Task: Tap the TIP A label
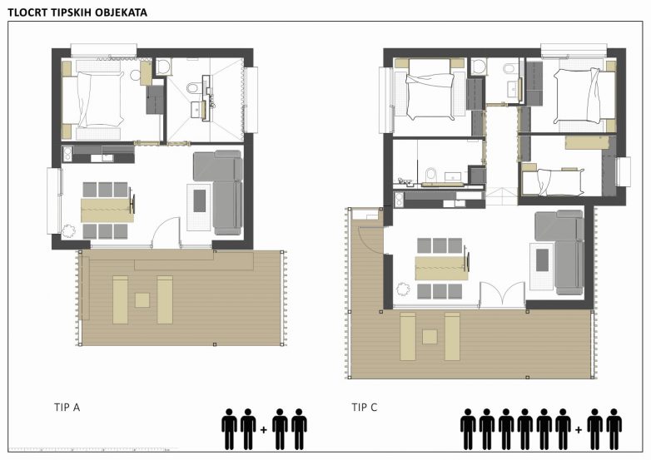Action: click(67, 408)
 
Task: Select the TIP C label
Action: click(364, 408)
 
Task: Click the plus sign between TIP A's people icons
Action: click(263, 430)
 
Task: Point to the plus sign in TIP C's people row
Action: click(579, 430)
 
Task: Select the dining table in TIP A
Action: click(107, 210)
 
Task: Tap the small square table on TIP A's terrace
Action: click(142, 300)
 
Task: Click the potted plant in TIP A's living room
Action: click(68, 230)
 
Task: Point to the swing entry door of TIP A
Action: click(166, 233)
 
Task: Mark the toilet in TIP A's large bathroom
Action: click(192, 88)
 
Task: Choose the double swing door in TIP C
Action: click(502, 295)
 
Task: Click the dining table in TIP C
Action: click(442, 269)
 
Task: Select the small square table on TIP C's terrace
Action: click(430, 336)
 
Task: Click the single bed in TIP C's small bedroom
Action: click(553, 182)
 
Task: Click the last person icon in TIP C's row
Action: click(614, 429)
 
